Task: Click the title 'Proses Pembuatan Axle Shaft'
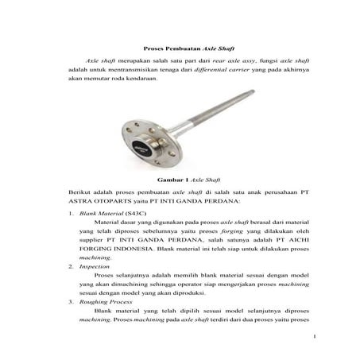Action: click(179, 48)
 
